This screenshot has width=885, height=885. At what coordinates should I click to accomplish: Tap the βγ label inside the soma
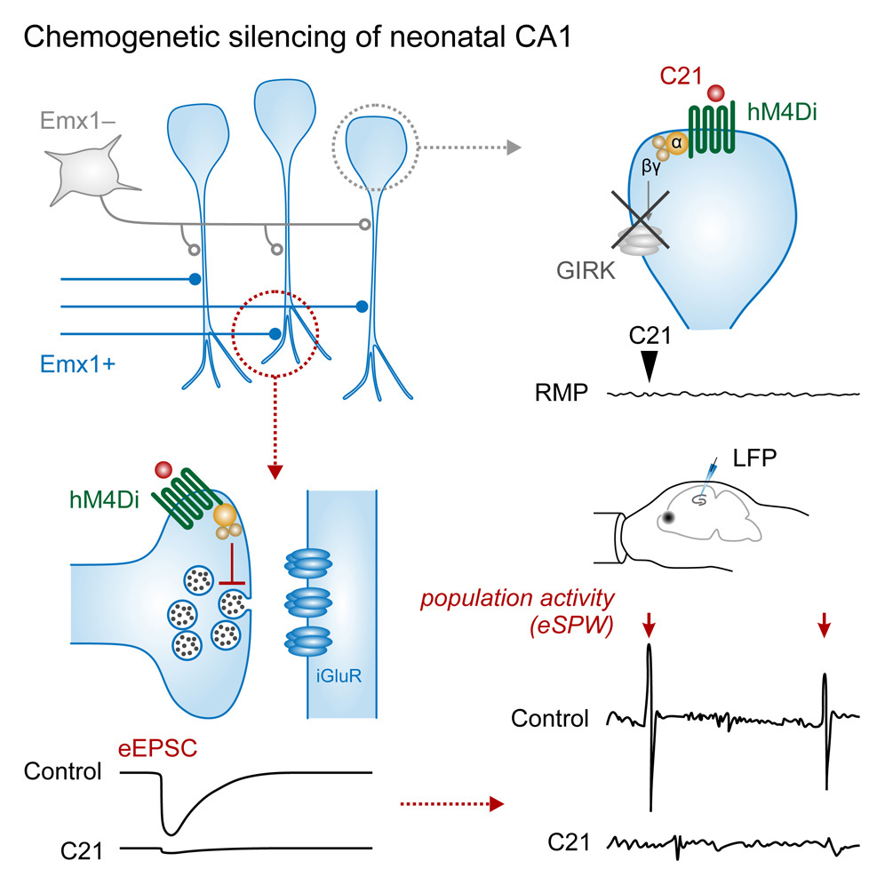(654, 164)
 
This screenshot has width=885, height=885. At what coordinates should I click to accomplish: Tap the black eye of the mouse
(666, 517)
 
